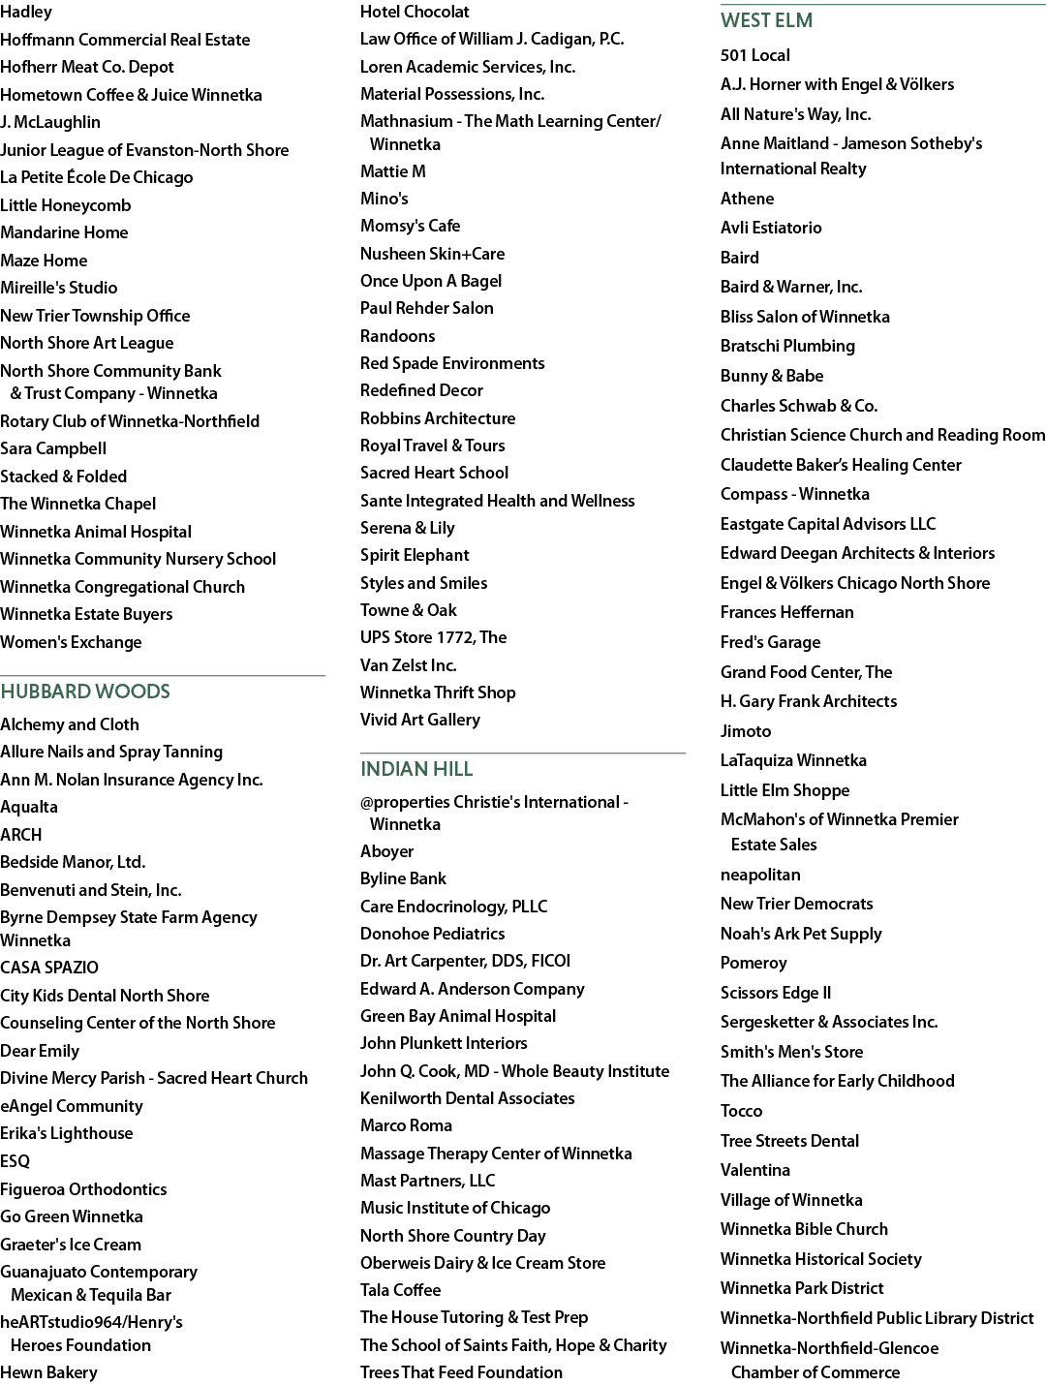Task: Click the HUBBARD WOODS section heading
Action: pos(85,692)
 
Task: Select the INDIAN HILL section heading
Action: pos(416,769)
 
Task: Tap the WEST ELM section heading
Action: pos(766,20)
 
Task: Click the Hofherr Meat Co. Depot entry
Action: pos(87,67)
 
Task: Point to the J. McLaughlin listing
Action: pos(50,122)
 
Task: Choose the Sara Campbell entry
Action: pos(53,448)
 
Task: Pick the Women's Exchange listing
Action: pos(71,642)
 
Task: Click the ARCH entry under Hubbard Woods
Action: pos(20,835)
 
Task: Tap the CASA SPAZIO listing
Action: pos(49,968)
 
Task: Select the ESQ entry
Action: pos(15,1161)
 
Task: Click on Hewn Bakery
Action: pos(48,1372)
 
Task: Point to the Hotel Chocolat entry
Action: pos(415,12)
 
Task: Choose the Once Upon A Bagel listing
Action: pos(431,281)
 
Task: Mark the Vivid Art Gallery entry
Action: pos(420,720)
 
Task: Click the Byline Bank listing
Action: pos(403,879)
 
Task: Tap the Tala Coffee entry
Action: pos(401,1290)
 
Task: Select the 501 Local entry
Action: pos(755,55)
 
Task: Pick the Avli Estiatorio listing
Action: pos(771,228)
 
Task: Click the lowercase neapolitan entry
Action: pos(760,876)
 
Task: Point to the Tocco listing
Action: pos(741,1111)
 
